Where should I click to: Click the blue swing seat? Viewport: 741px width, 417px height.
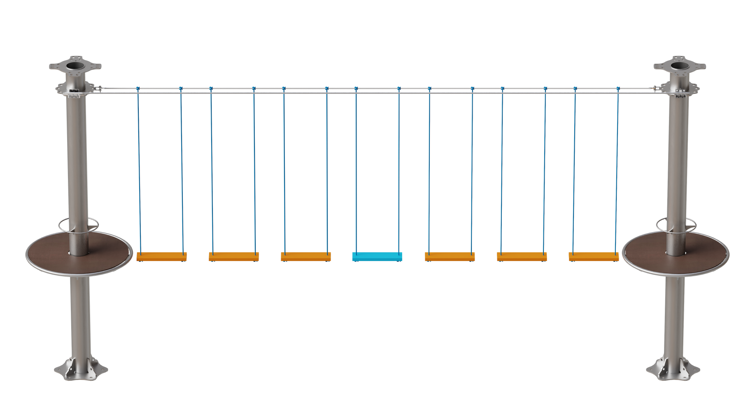(377, 256)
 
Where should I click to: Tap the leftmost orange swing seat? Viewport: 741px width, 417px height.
(161, 256)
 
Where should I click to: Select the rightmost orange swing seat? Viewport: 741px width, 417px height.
(594, 256)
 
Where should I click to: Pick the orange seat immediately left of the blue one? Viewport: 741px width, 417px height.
(305, 256)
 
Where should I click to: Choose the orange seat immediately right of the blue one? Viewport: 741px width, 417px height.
(450, 256)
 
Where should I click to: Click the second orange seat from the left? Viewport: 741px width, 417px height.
(233, 256)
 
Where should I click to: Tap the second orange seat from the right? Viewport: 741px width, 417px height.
(522, 256)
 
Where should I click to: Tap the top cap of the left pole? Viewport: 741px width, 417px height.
(75, 66)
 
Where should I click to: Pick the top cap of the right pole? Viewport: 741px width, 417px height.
(679, 66)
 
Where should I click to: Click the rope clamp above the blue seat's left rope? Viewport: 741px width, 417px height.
(356, 89)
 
